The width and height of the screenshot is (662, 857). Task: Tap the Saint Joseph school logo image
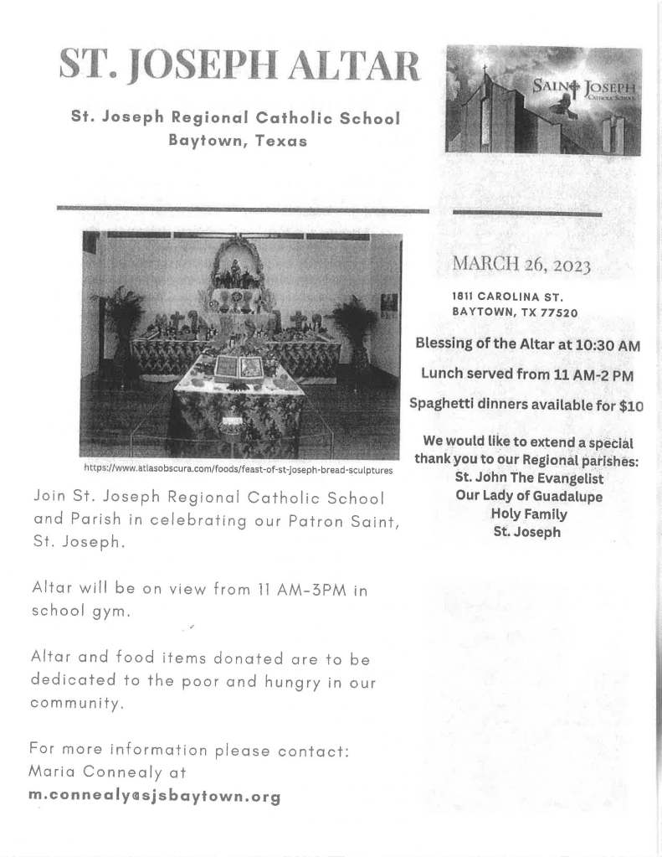tap(543, 101)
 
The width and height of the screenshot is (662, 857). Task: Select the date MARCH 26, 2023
tap(521, 266)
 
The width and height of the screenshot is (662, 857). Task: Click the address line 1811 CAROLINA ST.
tap(507, 297)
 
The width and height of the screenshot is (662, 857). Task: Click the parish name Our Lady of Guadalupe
tap(528, 496)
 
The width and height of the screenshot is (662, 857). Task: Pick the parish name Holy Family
tap(528, 514)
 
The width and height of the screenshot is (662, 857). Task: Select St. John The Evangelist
tap(528, 478)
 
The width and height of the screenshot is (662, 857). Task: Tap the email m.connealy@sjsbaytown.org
tap(154, 796)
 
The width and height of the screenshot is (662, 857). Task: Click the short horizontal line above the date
tap(526, 215)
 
